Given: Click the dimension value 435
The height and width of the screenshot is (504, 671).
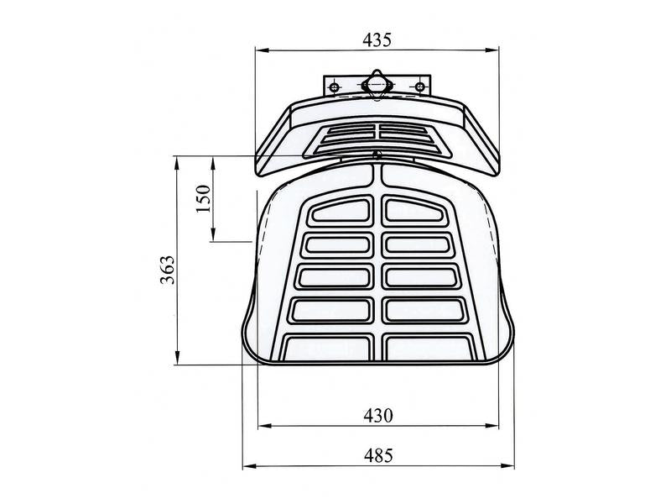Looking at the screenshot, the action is click(x=377, y=39).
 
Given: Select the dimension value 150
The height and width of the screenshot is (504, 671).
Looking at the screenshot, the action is click(x=204, y=198).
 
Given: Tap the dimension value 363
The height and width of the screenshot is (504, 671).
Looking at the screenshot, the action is click(x=167, y=270).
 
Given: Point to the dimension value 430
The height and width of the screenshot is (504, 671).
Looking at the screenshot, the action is click(x=378, y=415).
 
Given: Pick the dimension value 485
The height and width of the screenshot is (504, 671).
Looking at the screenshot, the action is click(x=378, y=455).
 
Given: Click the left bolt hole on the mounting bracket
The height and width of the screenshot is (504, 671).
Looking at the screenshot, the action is click(x=335, y=87).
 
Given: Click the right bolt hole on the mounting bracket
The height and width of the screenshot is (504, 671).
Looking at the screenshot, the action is click(x=420, y=87).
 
